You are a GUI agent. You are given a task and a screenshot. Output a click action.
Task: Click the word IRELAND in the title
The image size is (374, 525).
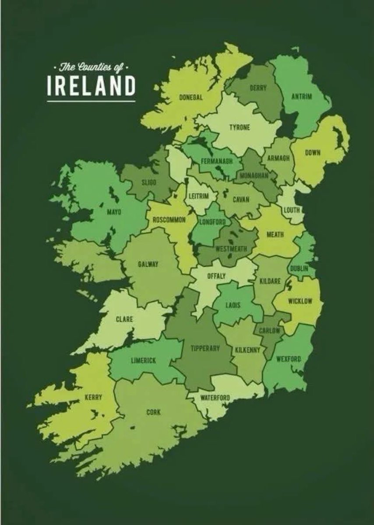coord(91,86)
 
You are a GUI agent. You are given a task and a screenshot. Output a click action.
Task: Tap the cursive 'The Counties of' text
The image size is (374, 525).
coord(91,67)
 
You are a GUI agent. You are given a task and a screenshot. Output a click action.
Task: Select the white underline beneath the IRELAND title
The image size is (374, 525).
coord(91,101)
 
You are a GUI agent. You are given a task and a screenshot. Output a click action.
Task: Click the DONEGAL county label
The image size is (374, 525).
coord(191,98)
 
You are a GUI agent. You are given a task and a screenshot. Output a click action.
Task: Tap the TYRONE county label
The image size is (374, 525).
coord(240,127)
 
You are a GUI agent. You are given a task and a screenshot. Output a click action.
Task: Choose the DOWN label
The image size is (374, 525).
coord(313,153)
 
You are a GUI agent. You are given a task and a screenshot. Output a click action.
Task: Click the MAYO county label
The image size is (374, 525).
coord(114,212)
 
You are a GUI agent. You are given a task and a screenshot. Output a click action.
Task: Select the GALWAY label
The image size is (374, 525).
coord(148,264)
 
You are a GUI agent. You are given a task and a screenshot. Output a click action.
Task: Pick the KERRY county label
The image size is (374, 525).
coord(93,397)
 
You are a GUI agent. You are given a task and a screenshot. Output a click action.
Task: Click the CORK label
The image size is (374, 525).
coord(153,412)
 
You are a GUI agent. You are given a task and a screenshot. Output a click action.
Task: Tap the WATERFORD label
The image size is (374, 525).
coord(215,398)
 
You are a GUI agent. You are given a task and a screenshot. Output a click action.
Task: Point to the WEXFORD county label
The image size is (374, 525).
coord(289,359)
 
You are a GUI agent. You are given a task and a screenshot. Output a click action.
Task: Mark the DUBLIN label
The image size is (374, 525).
coord(299,268)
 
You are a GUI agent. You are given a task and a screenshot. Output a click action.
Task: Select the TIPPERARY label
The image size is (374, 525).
coord(205,348)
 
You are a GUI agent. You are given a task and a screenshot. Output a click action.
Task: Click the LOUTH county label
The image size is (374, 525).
coord(291,210)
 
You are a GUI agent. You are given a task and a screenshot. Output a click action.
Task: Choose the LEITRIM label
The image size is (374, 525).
coord(198,196)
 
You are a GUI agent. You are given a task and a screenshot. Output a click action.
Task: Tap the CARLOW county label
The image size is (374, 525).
coord(269,331)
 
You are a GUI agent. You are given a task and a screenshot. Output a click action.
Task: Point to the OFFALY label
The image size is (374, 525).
coord(216,276)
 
